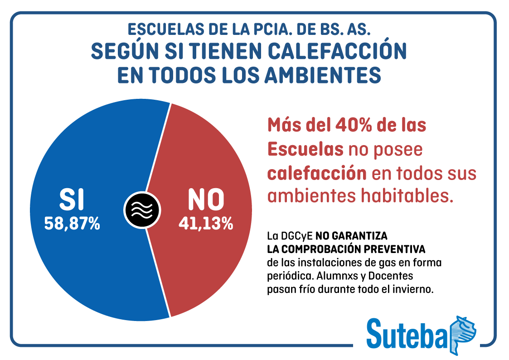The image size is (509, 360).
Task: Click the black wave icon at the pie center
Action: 142,209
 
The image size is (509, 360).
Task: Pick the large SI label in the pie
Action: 72,199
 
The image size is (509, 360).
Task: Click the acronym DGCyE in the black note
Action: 296,236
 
